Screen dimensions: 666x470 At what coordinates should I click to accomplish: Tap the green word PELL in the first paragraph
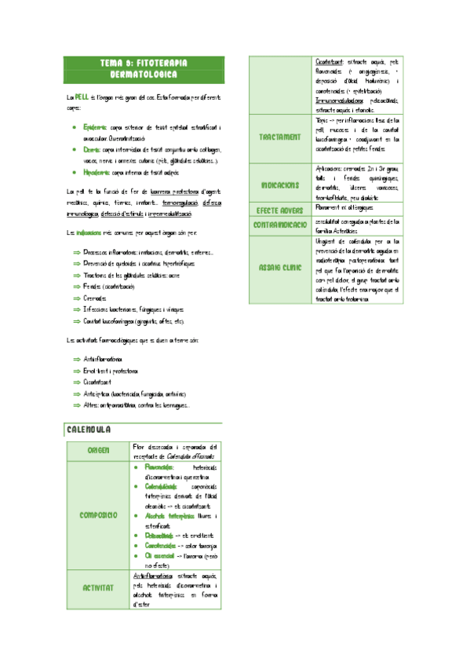[82, 97]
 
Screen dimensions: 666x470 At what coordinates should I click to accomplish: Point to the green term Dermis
[91, 148]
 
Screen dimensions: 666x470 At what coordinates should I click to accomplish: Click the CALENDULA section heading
[89, 430]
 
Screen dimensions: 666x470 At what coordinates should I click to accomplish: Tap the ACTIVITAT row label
[98, 587]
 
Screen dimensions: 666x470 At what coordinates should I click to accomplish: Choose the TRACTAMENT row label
[279, 137]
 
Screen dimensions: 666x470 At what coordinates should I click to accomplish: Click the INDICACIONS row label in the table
[279, 185]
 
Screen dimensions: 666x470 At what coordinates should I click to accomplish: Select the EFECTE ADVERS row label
[279, 210]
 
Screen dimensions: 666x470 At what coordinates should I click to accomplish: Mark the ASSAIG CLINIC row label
[279, 268]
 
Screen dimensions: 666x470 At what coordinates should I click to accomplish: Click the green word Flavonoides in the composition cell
[159, 466]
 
